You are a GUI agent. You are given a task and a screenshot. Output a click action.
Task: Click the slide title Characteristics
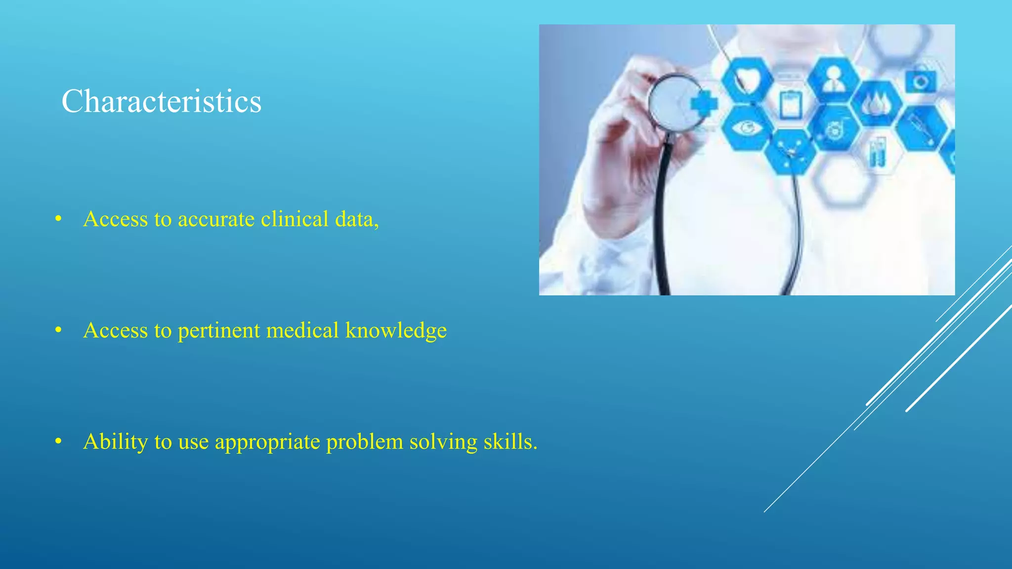click(x=161, y=102)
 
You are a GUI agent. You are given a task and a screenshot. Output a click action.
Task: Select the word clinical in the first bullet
click(x=295, y=219)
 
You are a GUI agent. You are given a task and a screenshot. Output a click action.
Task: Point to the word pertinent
click(x=218, y=330)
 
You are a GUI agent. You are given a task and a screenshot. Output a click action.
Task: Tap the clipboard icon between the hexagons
click(x=791, y=104)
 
